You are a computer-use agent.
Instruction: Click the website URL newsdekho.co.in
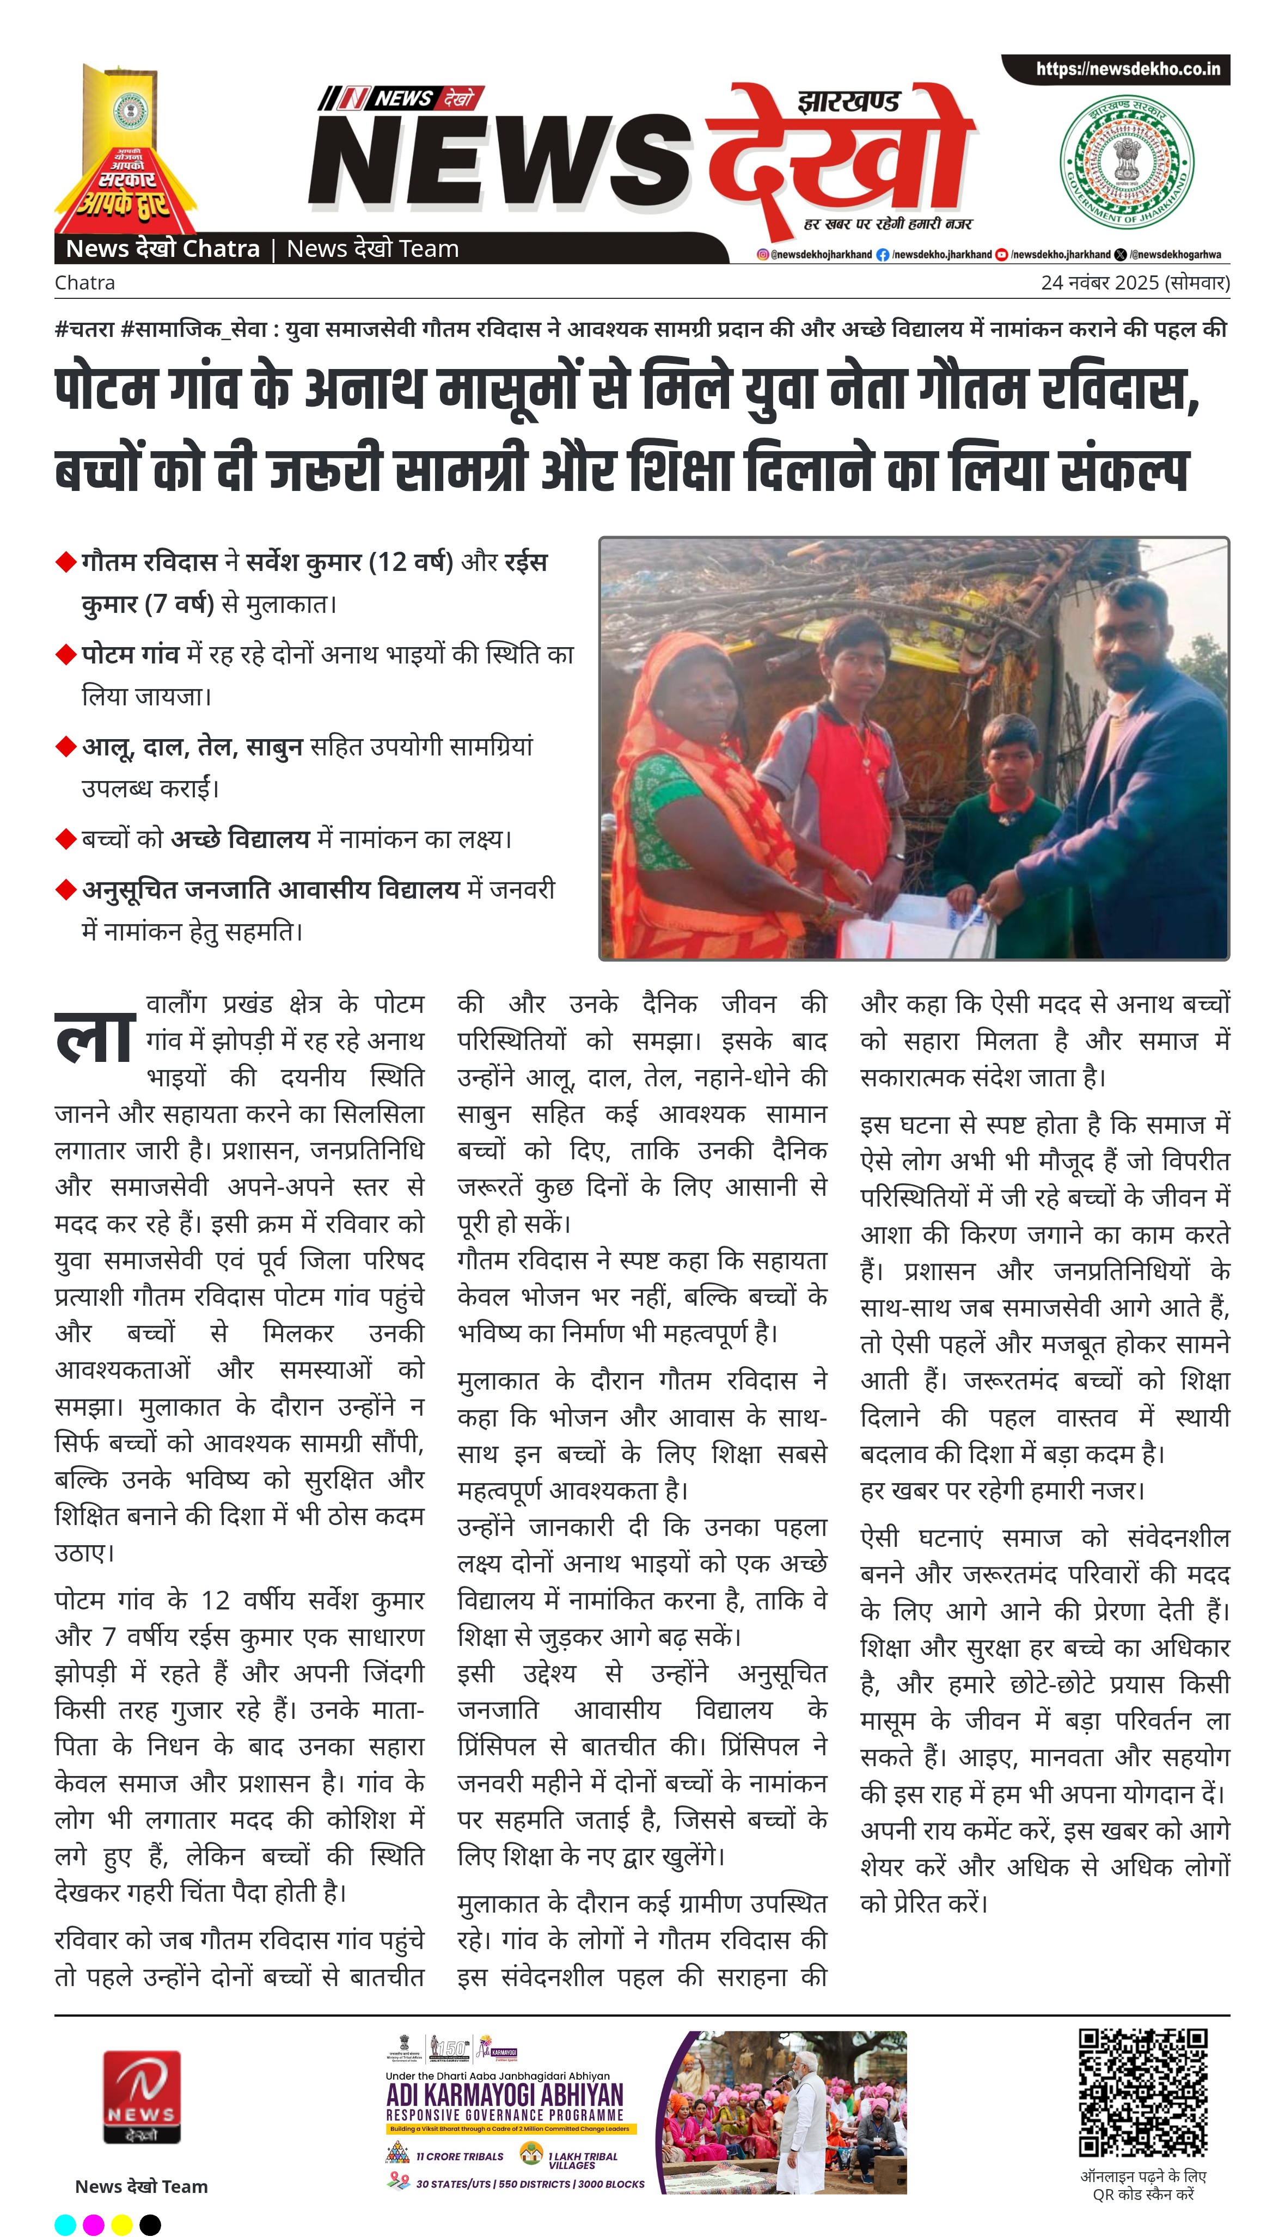(1127, 69)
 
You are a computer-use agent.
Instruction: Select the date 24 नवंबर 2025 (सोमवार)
(1134, 283)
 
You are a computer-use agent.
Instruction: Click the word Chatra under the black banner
(85, 283)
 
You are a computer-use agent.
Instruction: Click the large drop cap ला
(95, 1039)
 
